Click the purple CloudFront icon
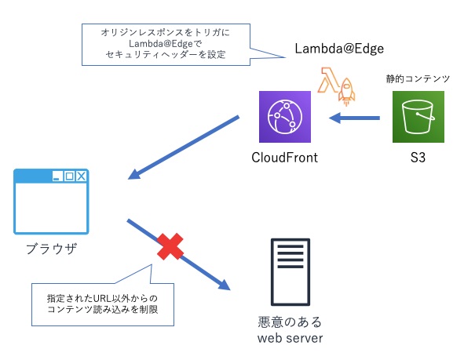[x=286, y=117]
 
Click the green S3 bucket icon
[x=418, y=117]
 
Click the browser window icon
[x=51, y=202]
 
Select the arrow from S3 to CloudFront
[x=354, y=118]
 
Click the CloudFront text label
[x=284, y=158]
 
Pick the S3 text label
[x=418, y=158]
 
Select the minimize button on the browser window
[x=57, y=176]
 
